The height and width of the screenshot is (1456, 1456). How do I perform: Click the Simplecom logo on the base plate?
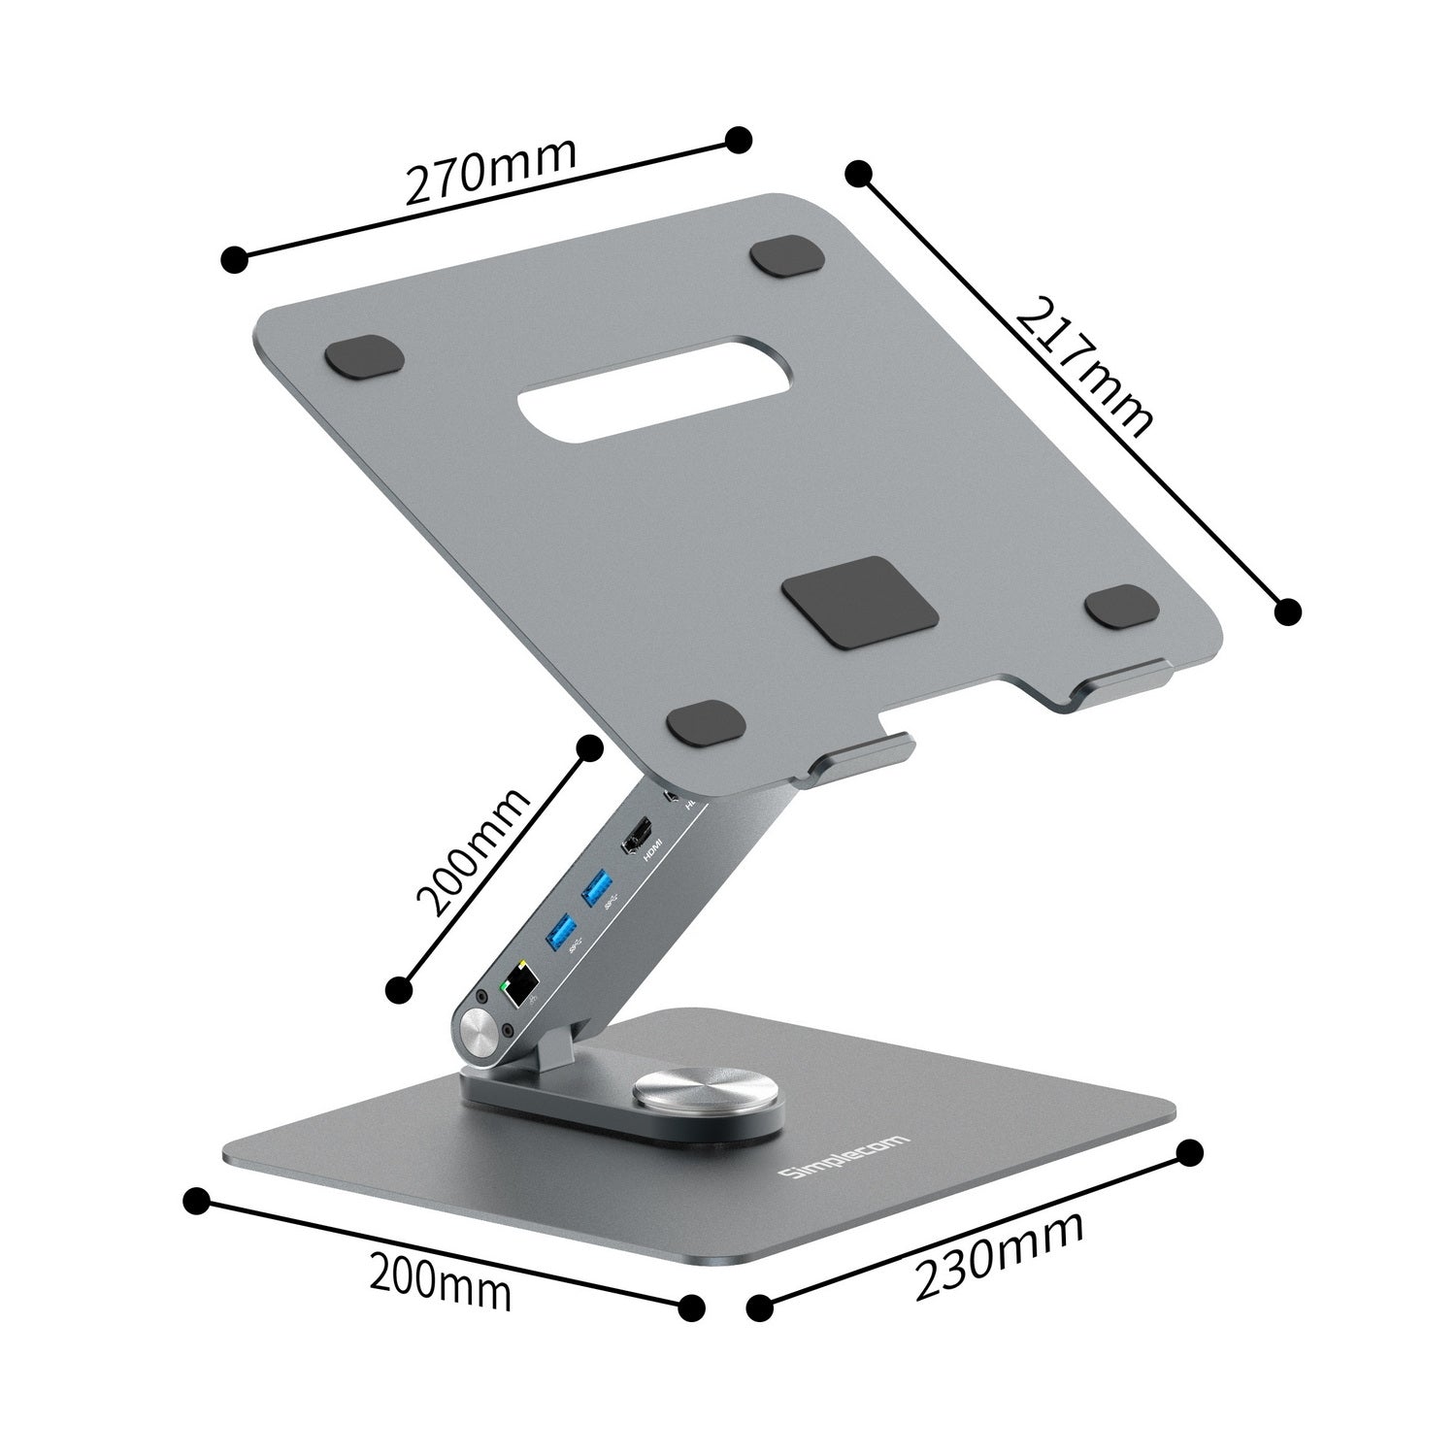(x=845, y=1157)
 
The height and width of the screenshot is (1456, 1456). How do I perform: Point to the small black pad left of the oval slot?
(x=364, y=357)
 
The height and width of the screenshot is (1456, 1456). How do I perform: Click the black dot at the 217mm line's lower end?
(x=1286, y=611)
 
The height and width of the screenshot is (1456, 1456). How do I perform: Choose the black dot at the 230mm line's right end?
(x=1189, y=1153)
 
